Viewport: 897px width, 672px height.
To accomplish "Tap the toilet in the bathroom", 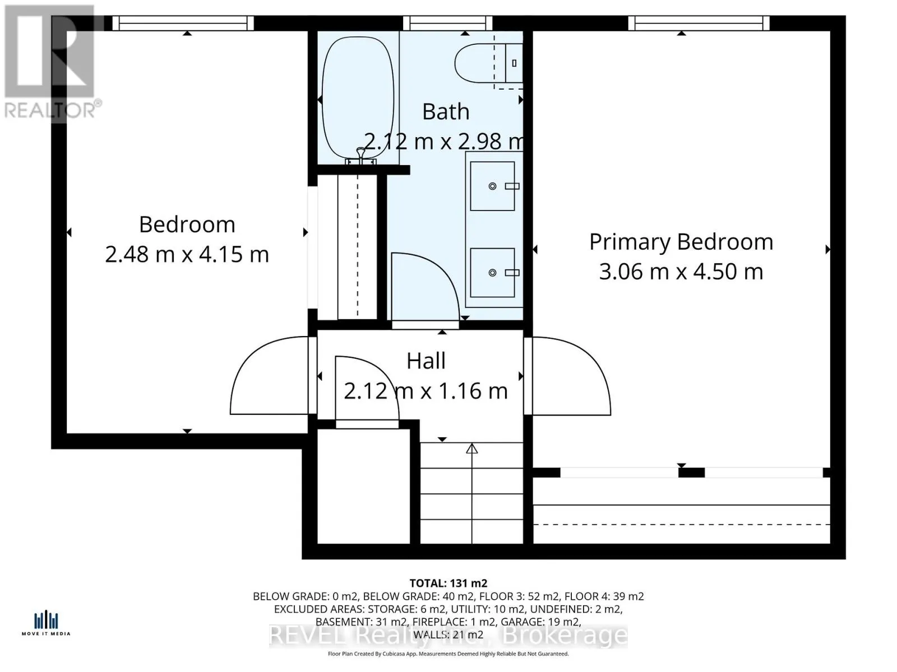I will (x=477, y=63).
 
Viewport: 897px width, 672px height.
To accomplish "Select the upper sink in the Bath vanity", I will (x=492, y=186).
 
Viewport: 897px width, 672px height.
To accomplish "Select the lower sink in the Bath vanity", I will (x=492, y=273).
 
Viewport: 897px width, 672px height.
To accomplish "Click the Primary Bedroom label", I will (x=681, y=242).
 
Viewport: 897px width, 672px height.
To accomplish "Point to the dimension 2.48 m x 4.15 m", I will (x=187, y=254).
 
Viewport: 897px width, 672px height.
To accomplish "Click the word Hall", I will (x=426, y=361).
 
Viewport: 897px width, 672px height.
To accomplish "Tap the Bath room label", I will (x=446, y=111).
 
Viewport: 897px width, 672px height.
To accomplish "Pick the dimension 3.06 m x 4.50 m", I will (x=681, y=272).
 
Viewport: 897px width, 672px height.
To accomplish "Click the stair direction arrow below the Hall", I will (x=472, y=449).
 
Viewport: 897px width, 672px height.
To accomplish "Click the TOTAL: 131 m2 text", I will (x=448, y=583).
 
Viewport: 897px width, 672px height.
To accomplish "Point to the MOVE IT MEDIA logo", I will (x=46, y=623).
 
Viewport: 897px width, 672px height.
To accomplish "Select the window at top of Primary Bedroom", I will (x=699, y=23).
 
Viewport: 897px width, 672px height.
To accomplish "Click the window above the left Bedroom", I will (x=183, y=23).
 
